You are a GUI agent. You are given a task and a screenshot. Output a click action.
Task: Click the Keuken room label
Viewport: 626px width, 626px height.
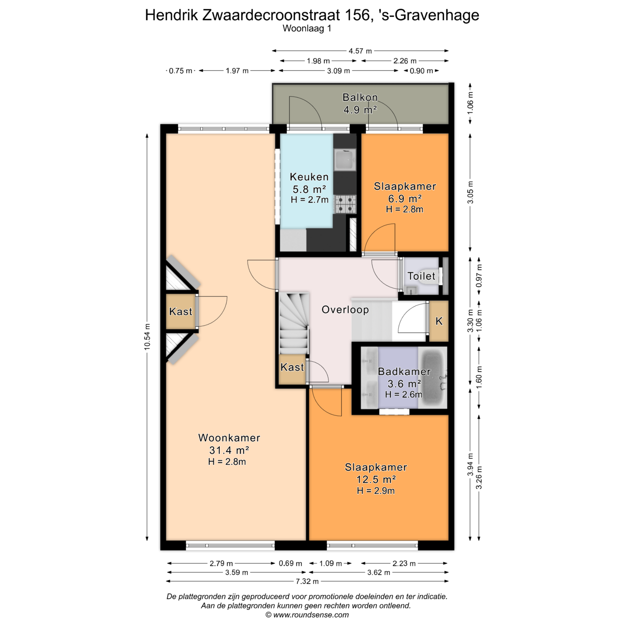[x=309, y=177]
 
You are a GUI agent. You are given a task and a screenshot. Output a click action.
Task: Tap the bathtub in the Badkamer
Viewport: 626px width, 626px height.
[x=433, y=377]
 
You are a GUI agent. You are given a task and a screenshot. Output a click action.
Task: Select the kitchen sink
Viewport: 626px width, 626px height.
[x=345, y=160]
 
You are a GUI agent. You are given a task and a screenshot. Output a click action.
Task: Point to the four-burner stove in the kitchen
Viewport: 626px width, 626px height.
[x=345, y=204]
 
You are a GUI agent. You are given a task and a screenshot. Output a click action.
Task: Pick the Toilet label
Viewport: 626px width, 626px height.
[x=421, y=276]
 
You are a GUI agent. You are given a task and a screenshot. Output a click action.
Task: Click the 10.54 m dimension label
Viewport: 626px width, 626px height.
[x=147, y=336]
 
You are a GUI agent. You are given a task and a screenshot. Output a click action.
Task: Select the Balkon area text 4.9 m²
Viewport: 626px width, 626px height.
[x=360, y=110]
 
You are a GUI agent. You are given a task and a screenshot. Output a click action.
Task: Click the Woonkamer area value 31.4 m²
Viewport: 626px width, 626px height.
[x=229, y=450]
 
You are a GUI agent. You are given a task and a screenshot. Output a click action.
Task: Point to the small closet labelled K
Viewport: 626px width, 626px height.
[x=439, y=321]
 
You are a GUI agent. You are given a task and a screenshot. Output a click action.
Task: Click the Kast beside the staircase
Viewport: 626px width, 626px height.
[x=292, y=369]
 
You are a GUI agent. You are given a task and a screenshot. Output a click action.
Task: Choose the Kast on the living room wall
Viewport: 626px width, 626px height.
[x=181, y=311]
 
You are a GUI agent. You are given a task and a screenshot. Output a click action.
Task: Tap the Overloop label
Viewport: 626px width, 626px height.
[x=345, y=310]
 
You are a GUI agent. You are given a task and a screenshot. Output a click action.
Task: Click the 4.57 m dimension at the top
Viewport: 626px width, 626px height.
[x=360, y=51]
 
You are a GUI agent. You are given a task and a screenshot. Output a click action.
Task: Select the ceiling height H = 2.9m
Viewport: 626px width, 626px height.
[x=376, y=491]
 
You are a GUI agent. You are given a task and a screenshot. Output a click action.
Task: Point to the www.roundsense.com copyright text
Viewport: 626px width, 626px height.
[x=307, y=615]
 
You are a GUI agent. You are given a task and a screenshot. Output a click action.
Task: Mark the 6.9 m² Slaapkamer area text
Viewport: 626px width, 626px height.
[x=405, y=199]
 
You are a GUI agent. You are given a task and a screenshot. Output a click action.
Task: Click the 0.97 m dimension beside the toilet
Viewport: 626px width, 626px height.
[x=479, y=276]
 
